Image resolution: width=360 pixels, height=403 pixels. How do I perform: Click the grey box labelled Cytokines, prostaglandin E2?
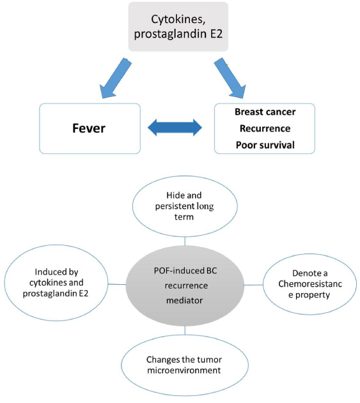click(178, 27)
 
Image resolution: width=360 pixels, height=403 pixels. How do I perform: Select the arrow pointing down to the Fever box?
click(116, 78)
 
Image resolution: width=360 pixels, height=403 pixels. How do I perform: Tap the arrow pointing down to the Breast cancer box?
click(230, 78)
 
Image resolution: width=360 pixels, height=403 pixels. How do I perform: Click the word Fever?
click(89, 128)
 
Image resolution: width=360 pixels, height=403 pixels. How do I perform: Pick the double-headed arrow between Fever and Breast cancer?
click(175, 128)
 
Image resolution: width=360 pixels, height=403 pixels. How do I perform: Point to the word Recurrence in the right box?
click(265, 128)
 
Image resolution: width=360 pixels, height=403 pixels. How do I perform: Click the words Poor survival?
click(265, 145)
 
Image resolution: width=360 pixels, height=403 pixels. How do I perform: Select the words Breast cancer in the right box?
click(265, 112)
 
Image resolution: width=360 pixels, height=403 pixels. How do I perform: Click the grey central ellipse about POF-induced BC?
click(185, 285)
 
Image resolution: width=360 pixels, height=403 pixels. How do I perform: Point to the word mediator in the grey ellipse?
click(185, 300)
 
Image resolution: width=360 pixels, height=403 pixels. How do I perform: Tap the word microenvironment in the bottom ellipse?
click(184, 370)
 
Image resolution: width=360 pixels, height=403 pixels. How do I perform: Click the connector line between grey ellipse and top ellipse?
click(185, 241)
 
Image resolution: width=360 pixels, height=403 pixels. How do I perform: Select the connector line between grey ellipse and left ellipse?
click(117, 284)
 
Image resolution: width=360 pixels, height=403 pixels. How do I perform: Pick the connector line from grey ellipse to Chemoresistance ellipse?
click(253, 285)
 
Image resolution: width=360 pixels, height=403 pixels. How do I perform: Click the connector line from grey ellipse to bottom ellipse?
click(185, 330)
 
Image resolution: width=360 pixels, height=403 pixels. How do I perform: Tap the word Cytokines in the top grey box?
click(178, 20)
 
